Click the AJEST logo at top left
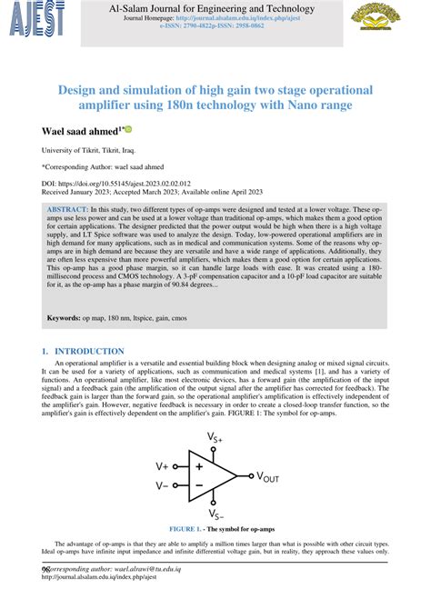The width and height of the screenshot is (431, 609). [x=29, y=16]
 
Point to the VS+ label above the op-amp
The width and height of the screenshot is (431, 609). [x=215, y=437]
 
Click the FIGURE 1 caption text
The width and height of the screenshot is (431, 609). [x=215, y=528]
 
